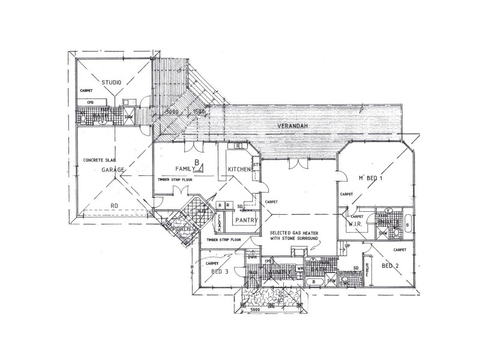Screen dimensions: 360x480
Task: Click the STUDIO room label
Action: click(111, 82)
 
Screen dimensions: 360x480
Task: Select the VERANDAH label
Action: click(293, 127)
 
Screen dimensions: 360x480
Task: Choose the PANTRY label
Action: click(247, 220)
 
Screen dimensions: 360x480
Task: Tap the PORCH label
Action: click(181, 228)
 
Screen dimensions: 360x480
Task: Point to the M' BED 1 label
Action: click(370, 178)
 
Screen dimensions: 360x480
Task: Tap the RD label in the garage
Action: click(114, 206)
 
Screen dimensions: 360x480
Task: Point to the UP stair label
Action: click(347, 245)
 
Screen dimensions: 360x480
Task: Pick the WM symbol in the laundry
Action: click(300, 268)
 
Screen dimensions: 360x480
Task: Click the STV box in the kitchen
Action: click(256, 164)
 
